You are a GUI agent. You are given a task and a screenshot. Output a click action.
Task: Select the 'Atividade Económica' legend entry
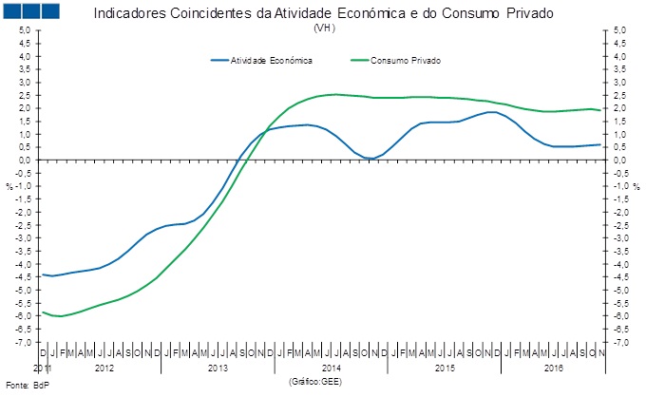pos(272,60)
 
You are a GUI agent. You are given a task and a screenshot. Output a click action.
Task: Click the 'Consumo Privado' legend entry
pos(407,60)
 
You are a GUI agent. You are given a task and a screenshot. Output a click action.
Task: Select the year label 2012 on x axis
pos(104,367)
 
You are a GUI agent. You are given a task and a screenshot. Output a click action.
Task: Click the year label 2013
pos(218,367)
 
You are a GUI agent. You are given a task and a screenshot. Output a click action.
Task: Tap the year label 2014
pos(332,367)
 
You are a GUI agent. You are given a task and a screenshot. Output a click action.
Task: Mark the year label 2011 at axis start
pos(42,367)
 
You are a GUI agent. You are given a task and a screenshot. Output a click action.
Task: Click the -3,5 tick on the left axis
pos(24,251)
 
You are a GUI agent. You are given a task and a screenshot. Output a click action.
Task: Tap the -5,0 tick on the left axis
pos(24,290)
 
